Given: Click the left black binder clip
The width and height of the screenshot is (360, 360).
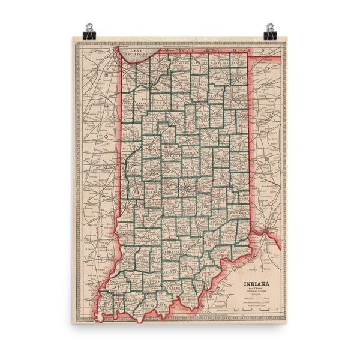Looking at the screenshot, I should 89,29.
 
